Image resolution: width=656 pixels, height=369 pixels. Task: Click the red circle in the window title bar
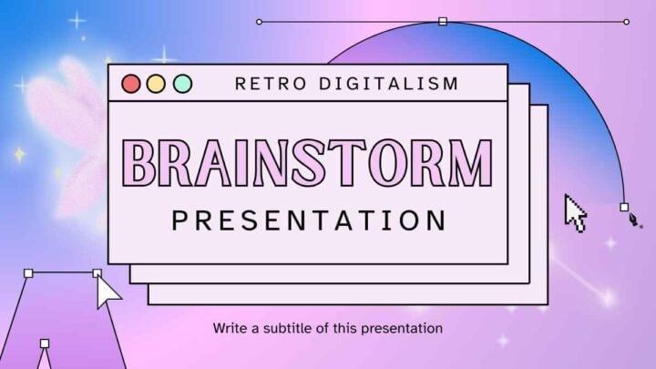point(131,84)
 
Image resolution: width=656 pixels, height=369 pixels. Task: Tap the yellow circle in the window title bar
point(156,84)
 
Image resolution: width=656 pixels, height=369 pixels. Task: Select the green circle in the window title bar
point(183,84)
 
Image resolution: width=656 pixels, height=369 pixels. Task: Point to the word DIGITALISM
point(389,84)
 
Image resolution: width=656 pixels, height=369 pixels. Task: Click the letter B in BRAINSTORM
point(139,163)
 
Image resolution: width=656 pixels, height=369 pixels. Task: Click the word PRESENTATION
point(309,220)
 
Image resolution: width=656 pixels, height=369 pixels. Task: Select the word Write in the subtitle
point(231,328)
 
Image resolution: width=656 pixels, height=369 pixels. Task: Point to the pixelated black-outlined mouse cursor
point(576,213)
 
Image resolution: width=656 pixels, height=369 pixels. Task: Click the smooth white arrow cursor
point(108,292)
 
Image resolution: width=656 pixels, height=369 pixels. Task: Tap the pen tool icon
point(634,220)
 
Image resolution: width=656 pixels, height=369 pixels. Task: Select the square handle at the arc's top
point(443,21)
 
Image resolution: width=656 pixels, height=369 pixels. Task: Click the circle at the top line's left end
point(259,22)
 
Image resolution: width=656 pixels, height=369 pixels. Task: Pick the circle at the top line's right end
point(626,22)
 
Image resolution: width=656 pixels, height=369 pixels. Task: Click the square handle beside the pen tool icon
point(624,207)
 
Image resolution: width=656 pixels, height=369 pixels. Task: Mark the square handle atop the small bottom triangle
point(45,343)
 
